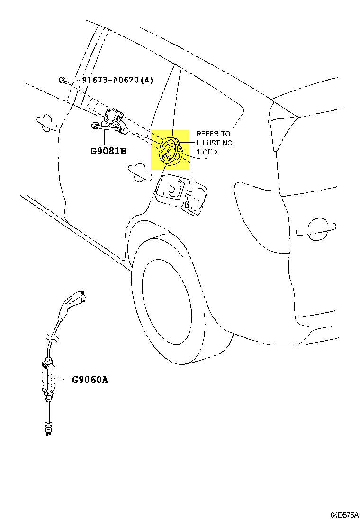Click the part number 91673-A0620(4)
pos(117,80)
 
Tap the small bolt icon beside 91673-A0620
pos(63,80)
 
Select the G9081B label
pos(108,152)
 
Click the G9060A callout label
pos(90,379)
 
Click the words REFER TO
pos(213,134)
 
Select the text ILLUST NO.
pos(215,143)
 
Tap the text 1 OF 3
pos(207,152)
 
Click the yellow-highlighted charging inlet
pos(170,150)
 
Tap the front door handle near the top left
pos(46,122)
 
